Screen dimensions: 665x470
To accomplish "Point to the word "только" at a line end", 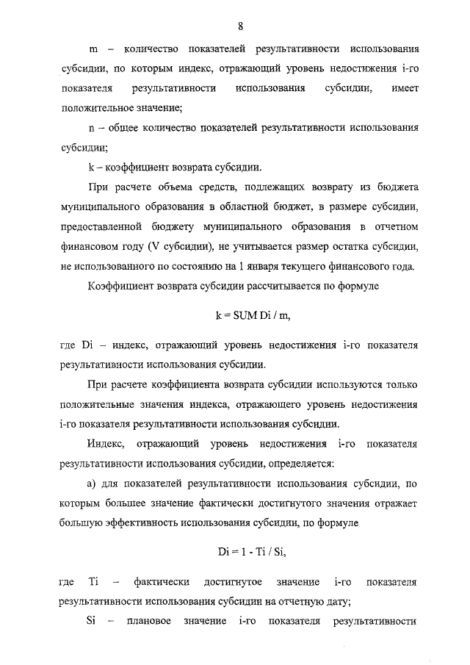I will [400, 384].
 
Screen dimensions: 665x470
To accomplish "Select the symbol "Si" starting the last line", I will [93, 622].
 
